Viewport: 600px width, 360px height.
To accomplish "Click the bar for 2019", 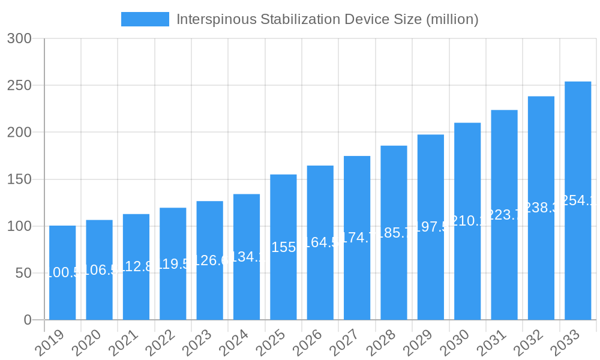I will pos(62,273).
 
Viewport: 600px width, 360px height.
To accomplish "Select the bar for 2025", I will pos(283,247).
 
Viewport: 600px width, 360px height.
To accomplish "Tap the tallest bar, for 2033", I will pos(578,200).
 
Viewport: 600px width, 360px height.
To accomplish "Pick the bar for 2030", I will pos(467,221).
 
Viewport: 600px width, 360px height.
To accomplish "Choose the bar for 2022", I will pos(173,264).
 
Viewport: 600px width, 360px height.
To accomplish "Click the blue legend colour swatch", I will pos(145,19).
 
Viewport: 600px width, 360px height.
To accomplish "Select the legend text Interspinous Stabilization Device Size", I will pos(327,19).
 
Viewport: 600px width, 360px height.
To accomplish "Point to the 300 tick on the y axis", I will pos(19,38).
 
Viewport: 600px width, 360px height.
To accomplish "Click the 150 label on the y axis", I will pos(19,179).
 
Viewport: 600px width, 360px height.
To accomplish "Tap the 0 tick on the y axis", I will pos(28,320).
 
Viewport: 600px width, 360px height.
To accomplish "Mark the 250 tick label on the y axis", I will pos(19,85).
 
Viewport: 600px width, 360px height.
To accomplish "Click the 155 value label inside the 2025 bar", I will pos(283,247).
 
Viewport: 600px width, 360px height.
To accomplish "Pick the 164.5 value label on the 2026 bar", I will pos(320,243).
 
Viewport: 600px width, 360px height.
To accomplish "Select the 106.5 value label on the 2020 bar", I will pos(99,270).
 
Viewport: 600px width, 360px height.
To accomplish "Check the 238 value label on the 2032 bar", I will pos(541,208).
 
